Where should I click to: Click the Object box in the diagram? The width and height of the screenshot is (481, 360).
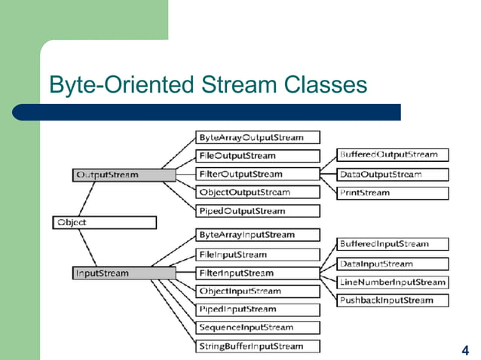[x=104, y=222]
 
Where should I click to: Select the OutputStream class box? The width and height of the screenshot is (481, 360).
[x=124, y=175]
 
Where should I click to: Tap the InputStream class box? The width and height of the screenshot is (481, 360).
[x=124, y=273]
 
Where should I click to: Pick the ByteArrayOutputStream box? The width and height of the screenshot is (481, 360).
[x=257, y=138]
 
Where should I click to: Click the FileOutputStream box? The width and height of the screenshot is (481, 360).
[x=257, y=156]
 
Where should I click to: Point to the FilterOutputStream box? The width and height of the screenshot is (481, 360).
[x=257, y=174]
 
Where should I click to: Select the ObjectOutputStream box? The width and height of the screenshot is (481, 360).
[x=257, y=193]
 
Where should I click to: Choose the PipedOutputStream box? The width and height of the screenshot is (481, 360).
[x=257, y=211]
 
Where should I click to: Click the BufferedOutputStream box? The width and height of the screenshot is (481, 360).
[x=392, y=154]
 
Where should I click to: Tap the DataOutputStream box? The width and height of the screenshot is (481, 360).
[x=392, y=174]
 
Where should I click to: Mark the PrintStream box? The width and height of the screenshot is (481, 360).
[x=392, y=193]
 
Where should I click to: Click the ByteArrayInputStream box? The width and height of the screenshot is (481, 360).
[x=257, y=235]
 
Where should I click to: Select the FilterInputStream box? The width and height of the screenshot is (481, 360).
[x=257, y=273]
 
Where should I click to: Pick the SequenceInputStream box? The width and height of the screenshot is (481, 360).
[x=257, y=328]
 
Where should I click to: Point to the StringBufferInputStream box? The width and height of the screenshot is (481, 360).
[x=257, y=346]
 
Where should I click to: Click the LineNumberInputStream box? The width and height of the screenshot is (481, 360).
[x=392, y=282]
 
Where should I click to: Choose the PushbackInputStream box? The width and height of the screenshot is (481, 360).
[x=392, y=301]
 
